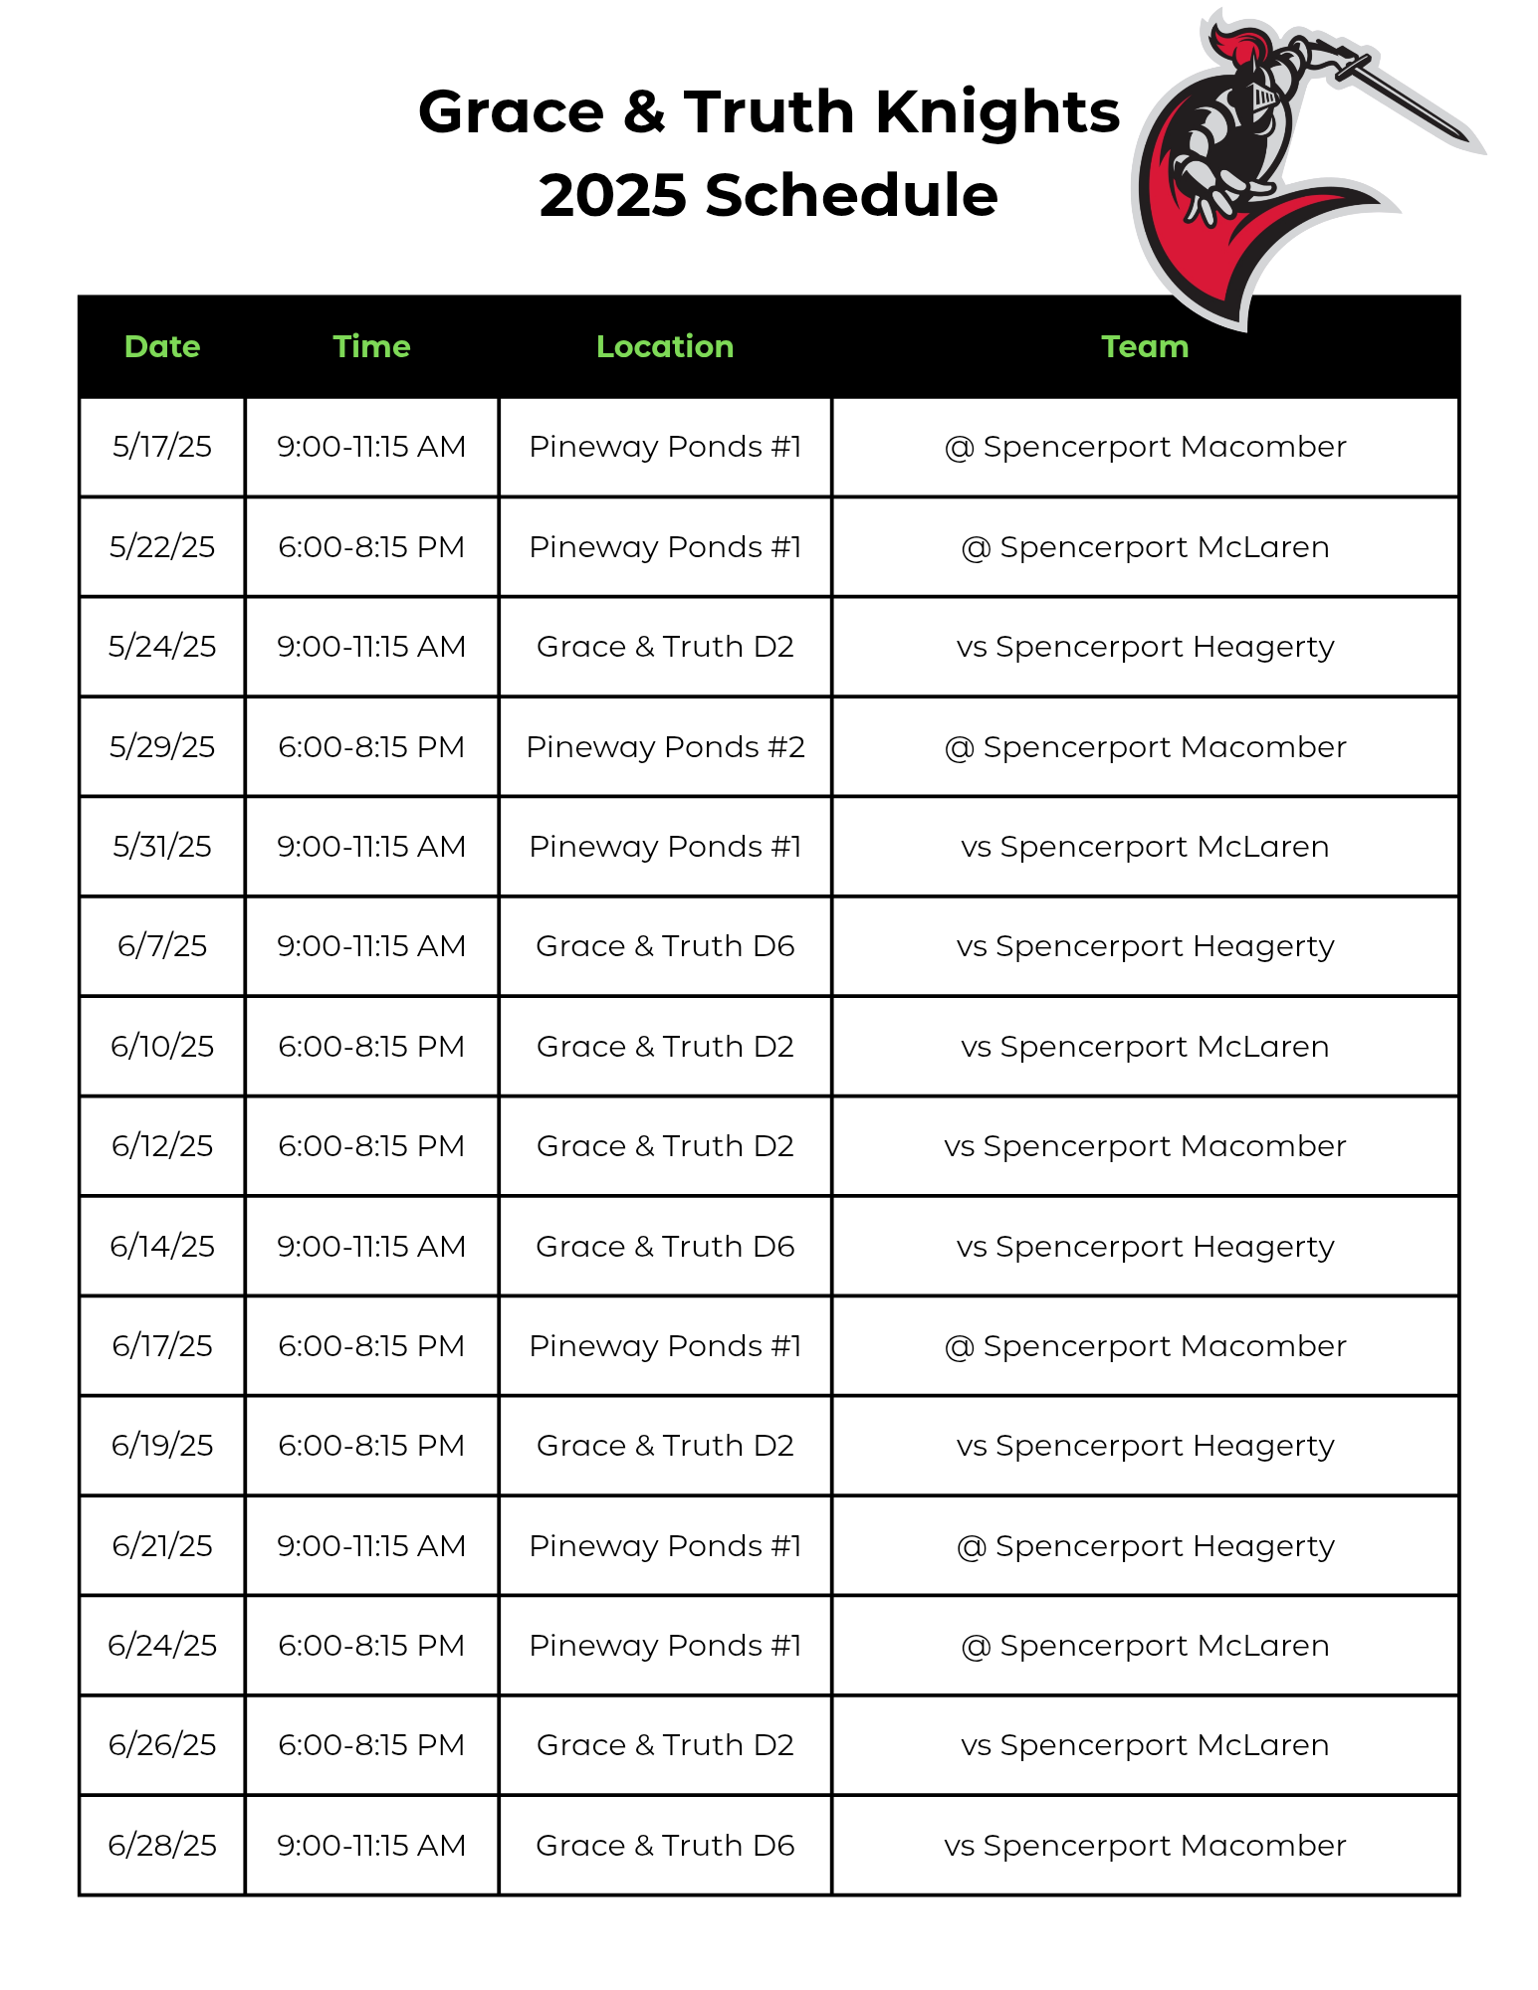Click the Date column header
(162, 346)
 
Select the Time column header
(371, 346)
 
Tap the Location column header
(665, 346)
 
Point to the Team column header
(1145, 346)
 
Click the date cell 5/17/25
(162, 447)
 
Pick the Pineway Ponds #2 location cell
(665, 746)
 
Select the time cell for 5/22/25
(371, 547)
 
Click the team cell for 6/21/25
(1145, 1545)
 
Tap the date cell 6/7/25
(162, 945)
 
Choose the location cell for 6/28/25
(665, 1845)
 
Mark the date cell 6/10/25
(162, 1046)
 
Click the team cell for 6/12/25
(1145, 1146)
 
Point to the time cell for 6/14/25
(371, 1246)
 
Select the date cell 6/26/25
(162, 1745)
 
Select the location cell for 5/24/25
(665, 647)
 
